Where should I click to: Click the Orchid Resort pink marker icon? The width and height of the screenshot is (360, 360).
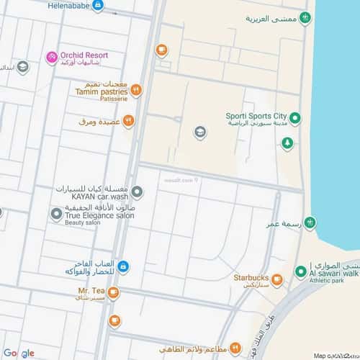pyautogui.click(x=51, y=57)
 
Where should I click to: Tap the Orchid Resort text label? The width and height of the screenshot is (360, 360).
pyautogui.click(x=84, y=55)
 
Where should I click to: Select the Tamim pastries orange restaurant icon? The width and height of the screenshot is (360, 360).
pyautogui.click(x=136, y=91)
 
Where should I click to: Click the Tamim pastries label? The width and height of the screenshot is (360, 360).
pyautogui.click(x=101, y=91)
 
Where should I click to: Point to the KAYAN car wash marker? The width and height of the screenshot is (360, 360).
pyautogui.click(x=138, y=192)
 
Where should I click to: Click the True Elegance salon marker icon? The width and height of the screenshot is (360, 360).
pyautogui.click(x=56, y=213)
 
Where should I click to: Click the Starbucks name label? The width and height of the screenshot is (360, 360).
pyautogui.click(x=251, y=278)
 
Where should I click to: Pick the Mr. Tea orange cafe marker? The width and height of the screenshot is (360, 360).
pyautogui.click(x=114, y=292)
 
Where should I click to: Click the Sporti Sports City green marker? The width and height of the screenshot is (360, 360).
pyautogui.click(x=294, y=117)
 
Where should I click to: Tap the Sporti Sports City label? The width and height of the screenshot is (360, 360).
pyautogui.click(x=256, y=116)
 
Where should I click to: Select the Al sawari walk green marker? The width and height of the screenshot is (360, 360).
pyautogui.click(x=300, y=271)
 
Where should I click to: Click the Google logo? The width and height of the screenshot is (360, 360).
pyautogui.click(x=18, y=353)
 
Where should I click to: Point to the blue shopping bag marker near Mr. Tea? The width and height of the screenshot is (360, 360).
pyautogui.click(x=123, y=266)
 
